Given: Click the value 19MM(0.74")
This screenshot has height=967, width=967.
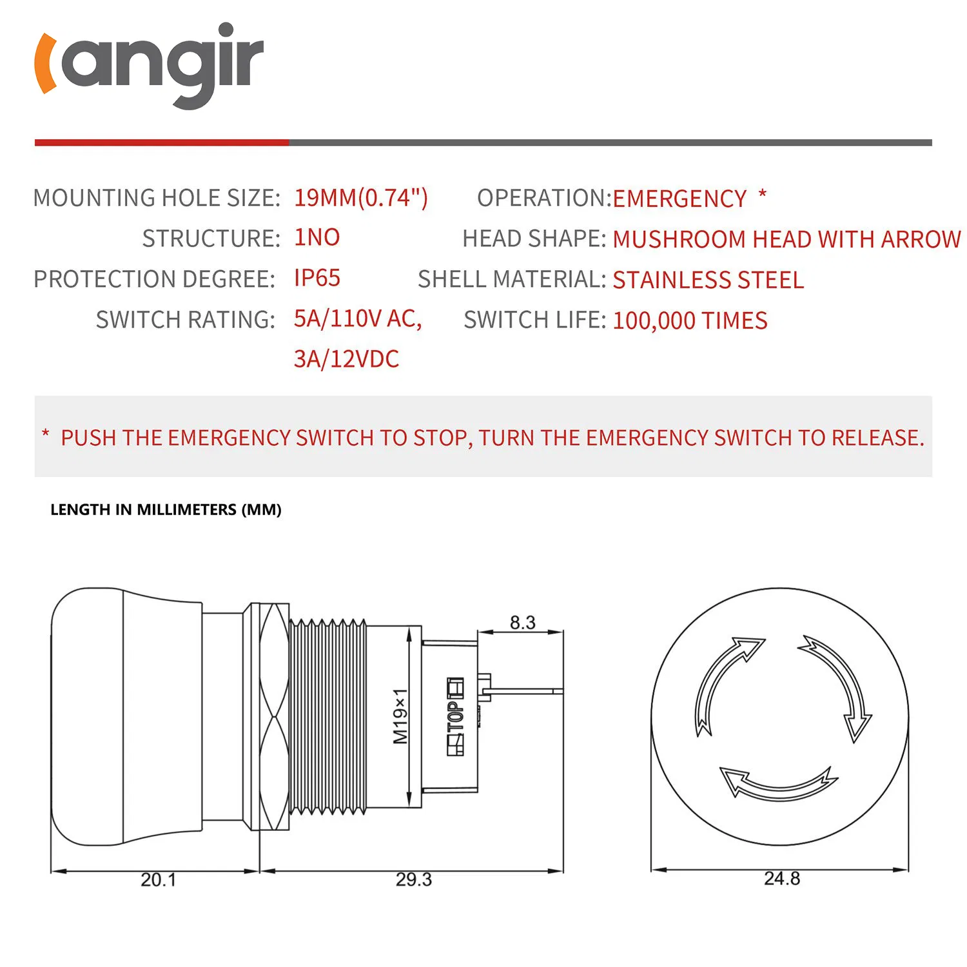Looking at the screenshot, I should pyautogui.click(x=360, y=197).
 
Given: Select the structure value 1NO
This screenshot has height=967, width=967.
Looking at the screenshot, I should pyautogui.click(x=317, y=237).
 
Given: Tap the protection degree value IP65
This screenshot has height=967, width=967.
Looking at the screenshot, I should pyautogui.click(x=317, y=278).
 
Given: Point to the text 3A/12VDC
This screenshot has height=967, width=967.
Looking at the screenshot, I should pyautogui.click(x=346, y=359).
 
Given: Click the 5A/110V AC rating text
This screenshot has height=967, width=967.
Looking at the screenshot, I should pyautogui.click(x=357, y=318).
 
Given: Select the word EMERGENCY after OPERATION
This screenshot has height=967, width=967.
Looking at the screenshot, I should pyautogui.click(x=679, y=199).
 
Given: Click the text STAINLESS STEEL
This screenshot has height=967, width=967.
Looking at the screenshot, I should pyautogui.click(x=708, y=280).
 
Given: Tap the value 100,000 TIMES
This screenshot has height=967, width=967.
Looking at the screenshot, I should pyautogui.click(x=690, y=320).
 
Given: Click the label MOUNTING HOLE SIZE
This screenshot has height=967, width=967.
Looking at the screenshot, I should pyautogui.click(x=157, y=198).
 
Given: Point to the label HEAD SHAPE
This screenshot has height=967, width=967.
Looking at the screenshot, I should pyautogui.click(x=534, y=239).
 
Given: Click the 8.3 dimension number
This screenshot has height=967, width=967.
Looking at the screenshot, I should pyautogui.click(x=522, y=623).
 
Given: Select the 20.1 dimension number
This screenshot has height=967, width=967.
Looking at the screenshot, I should pyautogui.click(x=158, y=879).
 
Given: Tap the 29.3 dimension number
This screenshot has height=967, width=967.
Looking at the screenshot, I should pyautogui.click(x=413, y=879).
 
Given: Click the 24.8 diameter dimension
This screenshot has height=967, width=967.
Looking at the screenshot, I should pyautogui.click(x=781, y=878).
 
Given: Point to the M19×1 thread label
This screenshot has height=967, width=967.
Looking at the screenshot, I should pyautogui.click(x=400, y=716).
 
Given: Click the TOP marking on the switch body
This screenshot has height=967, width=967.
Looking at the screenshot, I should pyautogui.click(x=456, y=716).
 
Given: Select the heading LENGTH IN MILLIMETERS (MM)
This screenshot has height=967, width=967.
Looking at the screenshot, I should pyautogui.click(x=166, y=509).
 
